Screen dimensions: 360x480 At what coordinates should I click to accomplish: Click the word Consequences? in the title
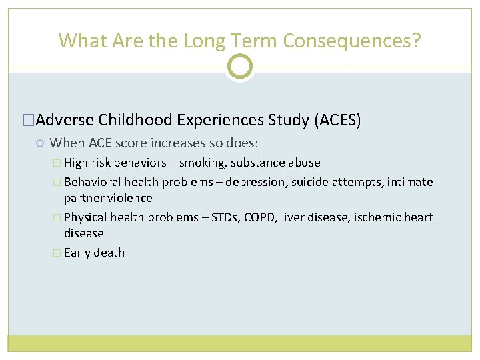click(x=352, y=41)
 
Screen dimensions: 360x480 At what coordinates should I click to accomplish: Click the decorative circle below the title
click(x=240, y=67)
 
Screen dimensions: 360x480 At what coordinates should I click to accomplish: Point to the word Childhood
click(x=136, y=120)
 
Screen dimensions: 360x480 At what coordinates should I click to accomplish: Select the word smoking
click(x=202, y=163)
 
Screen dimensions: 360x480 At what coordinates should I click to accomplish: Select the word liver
click(x=294, y=217)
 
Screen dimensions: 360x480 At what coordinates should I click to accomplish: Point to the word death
click(x=109, y=253)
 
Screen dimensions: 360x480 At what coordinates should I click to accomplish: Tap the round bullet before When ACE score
click(x=41, y=143)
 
